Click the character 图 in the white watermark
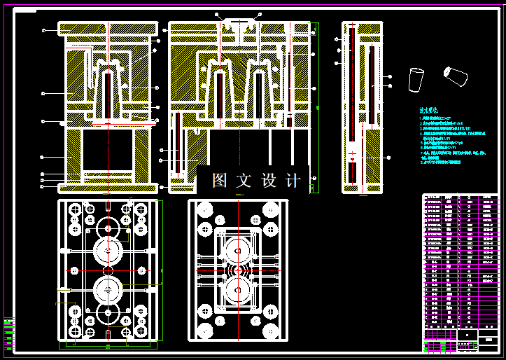point(220,181)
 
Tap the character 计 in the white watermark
point(294,181)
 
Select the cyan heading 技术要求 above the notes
point(428,111)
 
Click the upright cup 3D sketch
point(416,79)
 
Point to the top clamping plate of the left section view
point(108,29)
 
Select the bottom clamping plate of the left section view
point(108,188)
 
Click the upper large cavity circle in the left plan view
point(108,249)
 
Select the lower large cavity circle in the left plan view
point(108,288)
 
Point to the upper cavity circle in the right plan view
point(238,251)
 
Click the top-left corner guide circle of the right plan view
point(205,209)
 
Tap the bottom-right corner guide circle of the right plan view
point(272,331)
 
